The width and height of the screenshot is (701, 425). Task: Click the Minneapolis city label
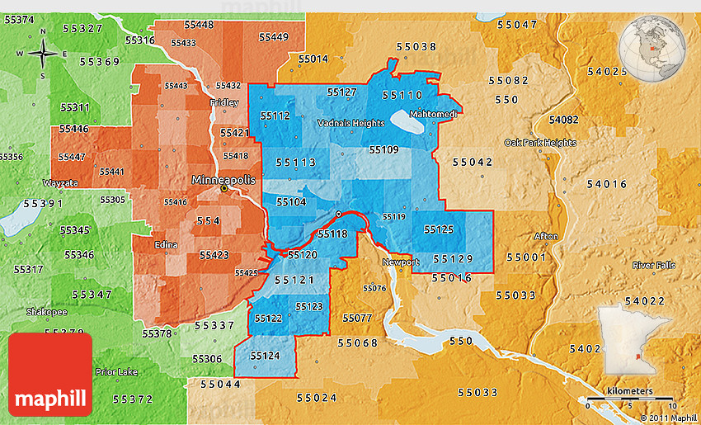(223, 179)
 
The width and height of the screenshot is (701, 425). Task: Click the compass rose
(43, 54)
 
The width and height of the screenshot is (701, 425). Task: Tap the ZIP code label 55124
(264, 356)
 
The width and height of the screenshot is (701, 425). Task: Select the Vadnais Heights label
(351, 123)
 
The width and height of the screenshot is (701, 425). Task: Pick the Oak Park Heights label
(539, 142)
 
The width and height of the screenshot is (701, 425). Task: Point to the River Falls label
(653, 265)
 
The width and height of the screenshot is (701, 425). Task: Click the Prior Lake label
(116, 371)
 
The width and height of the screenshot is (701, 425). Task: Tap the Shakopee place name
(41, 312)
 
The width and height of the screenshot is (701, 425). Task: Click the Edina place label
(166, 244)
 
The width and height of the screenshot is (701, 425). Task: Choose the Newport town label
(400, 262)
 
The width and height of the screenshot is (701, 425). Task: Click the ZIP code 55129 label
(453, 259)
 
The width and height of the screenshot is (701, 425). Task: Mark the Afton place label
(546, 236)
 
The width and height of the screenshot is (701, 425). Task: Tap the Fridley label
(224, 103)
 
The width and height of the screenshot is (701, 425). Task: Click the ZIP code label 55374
(18, 19)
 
